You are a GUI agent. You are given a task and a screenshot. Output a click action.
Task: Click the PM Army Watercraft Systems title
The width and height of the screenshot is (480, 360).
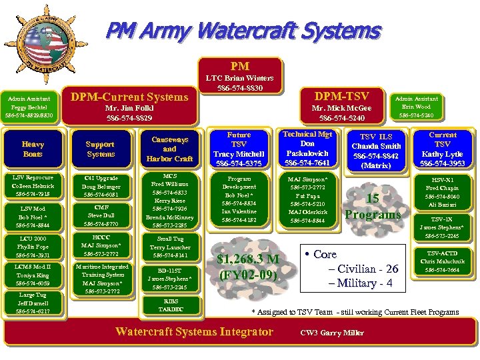(243, 31)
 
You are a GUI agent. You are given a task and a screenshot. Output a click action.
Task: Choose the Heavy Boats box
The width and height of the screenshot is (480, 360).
(32, 149)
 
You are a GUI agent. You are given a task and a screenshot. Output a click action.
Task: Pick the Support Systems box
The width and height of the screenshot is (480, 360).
(101, 149)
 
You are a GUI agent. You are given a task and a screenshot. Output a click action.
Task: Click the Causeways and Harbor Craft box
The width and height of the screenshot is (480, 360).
(169, 149)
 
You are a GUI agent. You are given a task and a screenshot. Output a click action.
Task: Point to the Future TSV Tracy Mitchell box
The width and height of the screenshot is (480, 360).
(239, 149)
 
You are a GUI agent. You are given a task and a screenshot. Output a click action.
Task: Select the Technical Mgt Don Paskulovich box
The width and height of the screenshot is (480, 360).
(307, 148)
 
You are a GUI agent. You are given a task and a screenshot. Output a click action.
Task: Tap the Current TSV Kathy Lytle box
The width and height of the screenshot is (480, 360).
(443, 149)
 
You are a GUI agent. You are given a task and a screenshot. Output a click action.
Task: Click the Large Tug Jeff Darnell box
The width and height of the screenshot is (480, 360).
(32, 303)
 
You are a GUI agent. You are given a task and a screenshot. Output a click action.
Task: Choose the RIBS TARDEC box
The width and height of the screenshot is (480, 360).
(170, 305)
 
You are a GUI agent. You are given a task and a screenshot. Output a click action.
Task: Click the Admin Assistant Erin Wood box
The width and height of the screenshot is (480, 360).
(416, 106)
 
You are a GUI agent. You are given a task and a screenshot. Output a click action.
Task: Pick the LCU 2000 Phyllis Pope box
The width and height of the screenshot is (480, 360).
(32, 247)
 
